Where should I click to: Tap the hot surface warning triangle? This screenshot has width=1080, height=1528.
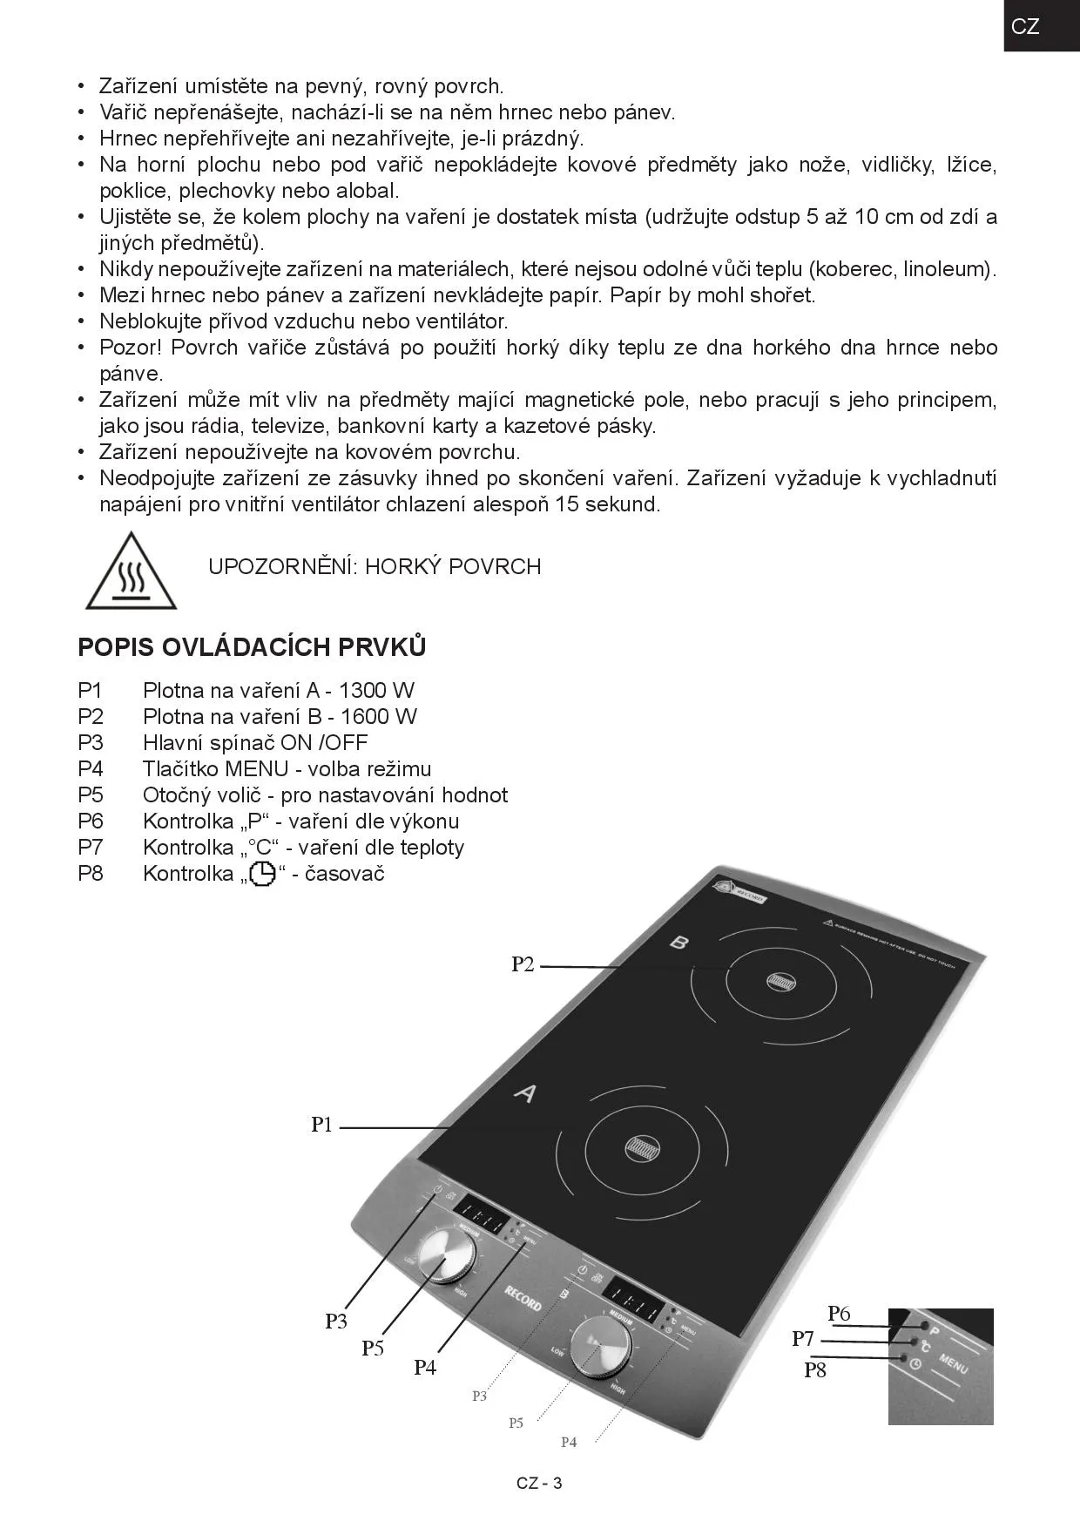(131, 572)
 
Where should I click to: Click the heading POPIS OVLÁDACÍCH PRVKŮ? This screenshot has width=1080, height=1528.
(252, 647)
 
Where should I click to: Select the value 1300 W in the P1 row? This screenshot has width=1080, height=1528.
(376, 691)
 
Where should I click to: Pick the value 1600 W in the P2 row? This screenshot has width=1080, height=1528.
(379, 717)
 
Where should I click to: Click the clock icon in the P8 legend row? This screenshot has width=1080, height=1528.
(262, 874)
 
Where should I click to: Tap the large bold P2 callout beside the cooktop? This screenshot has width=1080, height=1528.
(523, 964)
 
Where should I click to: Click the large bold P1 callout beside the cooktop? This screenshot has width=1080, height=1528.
(322, 1125)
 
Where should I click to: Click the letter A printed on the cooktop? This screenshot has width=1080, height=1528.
(523, 1092)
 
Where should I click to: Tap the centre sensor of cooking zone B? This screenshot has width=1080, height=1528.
(780, 982)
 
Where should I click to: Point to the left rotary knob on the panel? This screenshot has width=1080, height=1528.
(447, 1255)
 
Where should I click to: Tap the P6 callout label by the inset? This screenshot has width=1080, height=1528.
(839, 1314)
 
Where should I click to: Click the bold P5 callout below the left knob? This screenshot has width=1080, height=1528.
(373, 1349)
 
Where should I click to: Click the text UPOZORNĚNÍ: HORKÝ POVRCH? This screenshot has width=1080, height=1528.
(375, 567)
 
